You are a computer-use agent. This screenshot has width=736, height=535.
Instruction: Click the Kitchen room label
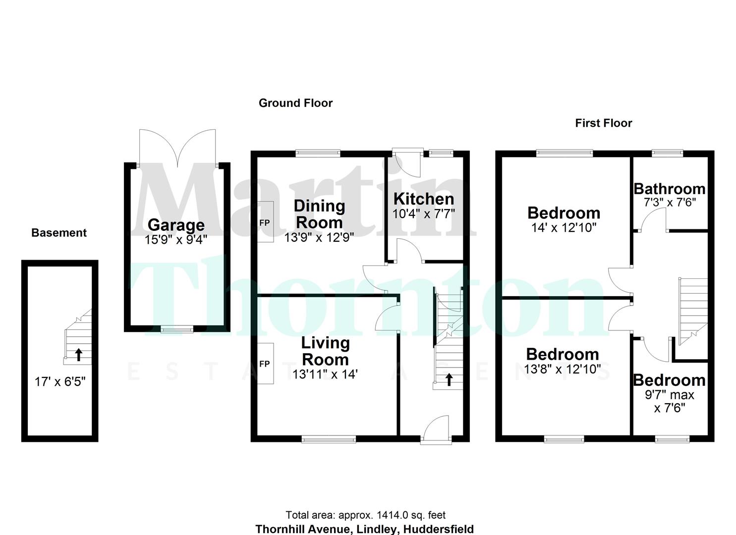[423, 199]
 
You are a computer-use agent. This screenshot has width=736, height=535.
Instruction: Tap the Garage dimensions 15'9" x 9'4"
[176, 240]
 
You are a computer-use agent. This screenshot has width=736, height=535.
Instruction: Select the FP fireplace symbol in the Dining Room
[265, 223]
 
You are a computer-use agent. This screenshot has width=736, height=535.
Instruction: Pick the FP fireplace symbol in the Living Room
[265, 364]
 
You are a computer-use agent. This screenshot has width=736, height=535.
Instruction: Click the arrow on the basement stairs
[78, 354]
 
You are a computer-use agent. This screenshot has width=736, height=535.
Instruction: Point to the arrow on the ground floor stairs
[449, 379]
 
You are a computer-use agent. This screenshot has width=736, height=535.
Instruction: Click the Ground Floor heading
[295, 103]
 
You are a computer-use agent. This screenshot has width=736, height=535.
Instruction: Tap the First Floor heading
[603, 123]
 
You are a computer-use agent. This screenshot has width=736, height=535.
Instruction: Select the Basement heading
[59, 233]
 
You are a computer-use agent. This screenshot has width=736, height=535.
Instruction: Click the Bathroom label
[669, 189]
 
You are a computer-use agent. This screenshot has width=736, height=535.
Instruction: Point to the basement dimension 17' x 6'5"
[60, 381]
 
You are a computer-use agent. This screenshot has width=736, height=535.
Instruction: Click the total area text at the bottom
[365, 515]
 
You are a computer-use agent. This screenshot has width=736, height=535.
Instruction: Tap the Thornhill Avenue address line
[364, 529]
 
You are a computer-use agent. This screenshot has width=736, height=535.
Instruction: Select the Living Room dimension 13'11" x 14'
[325, 374]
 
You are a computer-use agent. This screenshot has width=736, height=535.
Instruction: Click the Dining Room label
[319, 214]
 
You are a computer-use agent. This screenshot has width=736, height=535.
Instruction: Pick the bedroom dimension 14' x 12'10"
[564, 227]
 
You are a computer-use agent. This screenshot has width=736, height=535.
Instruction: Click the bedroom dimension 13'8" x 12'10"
[563, 369]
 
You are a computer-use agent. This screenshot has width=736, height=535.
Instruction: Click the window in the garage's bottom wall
[176, 328]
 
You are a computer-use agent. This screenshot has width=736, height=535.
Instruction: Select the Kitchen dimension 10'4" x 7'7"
[423, 214]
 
